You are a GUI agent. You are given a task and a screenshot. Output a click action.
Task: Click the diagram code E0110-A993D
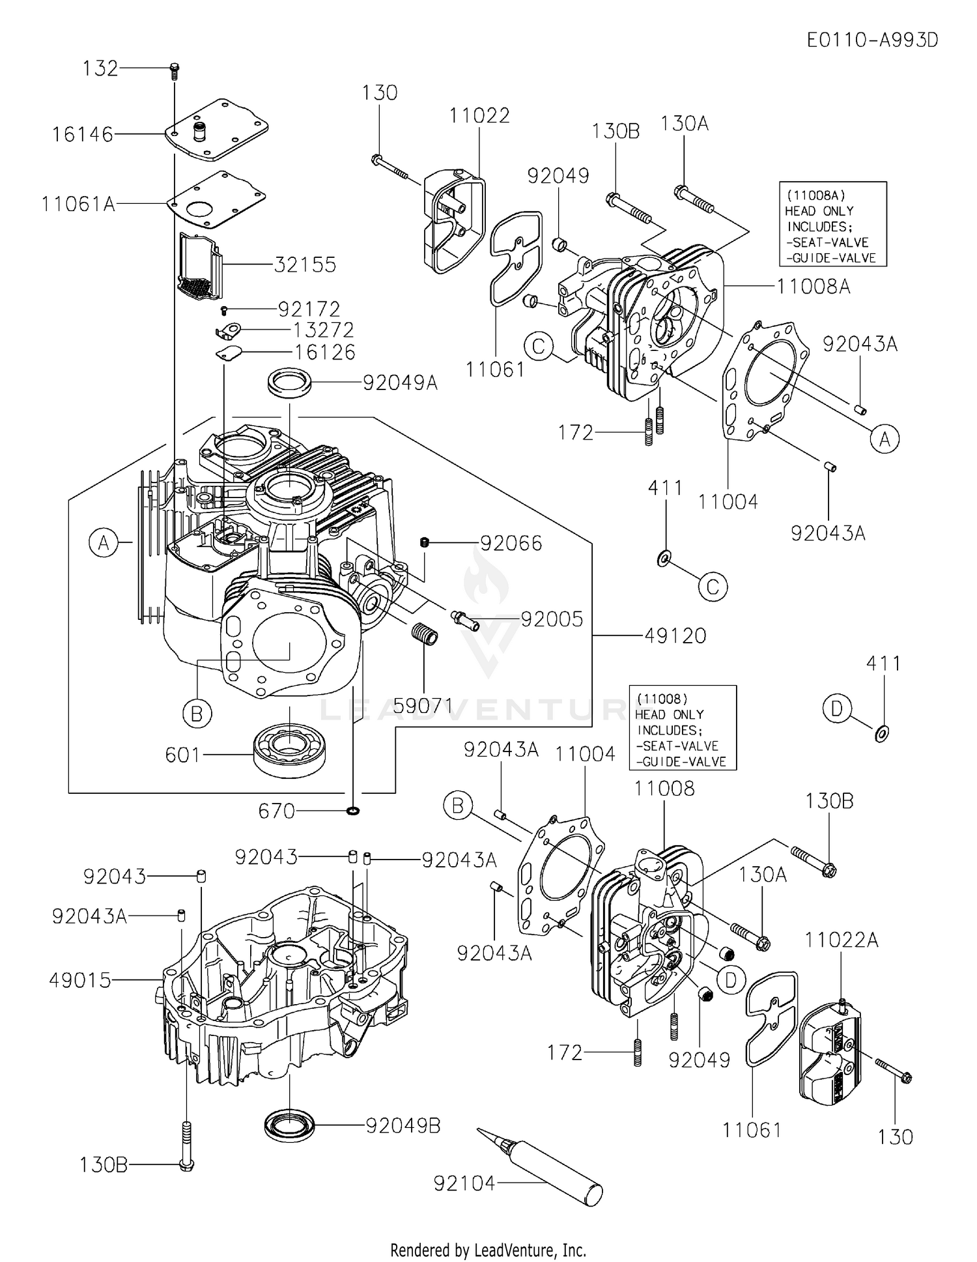click(x=872, y=40)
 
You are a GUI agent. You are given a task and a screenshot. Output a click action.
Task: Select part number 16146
click(x=83, y=135)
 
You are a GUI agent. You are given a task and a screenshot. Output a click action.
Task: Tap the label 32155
click(x=305, y=265)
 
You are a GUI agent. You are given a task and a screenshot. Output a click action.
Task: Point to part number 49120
click(x=675, y=636)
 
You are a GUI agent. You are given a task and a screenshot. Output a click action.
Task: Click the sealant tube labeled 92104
click(x=541, y=1173)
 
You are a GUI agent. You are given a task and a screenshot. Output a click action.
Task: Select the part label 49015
click(x=80, y=980)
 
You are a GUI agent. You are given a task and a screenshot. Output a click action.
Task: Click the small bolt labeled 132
click(x=174, y=69)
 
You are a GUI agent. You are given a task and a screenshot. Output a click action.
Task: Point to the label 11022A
click(x=841, y=940)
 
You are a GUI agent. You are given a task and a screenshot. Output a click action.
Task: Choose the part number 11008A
click(x=813, y=287)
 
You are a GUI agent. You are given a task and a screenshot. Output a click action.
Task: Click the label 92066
click(x=511, y=543)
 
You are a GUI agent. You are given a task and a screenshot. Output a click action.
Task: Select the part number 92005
click(x=552, y=619)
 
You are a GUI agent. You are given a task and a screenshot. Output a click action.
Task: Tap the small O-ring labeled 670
click(x=352, y=811)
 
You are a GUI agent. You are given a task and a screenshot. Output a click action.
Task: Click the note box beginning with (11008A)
click(x=832, y=224)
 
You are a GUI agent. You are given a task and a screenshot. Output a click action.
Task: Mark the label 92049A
click(x=400, y=383)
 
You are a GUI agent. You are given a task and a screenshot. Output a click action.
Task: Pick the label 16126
click(x=325, y=352)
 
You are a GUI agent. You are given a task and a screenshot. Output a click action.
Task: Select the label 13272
click(x=324, y=330)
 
